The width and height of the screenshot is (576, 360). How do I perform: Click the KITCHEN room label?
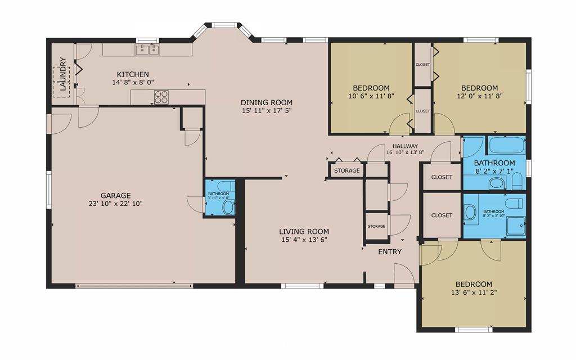[x=133, y=74]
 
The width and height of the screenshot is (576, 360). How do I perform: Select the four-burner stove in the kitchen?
[x=161, y=97]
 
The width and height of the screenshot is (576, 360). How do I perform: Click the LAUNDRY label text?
[x=62, y=75]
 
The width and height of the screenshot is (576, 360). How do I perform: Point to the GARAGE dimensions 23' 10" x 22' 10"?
[x=115, y=204]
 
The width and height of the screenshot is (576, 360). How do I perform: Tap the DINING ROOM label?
[x=267, y=102]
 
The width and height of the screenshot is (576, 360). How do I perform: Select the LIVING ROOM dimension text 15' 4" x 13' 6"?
[x=304, y=240]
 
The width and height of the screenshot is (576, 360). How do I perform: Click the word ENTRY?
[x=390, y=251]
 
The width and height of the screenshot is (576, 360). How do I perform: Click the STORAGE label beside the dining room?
[x=346, y=170]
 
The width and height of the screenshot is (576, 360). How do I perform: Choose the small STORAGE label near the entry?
[x=376, y=226]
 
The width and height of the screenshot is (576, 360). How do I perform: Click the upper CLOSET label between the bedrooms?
[x=422, y=65]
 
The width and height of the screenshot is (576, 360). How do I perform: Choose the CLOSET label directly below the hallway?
[x=442, y=177]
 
